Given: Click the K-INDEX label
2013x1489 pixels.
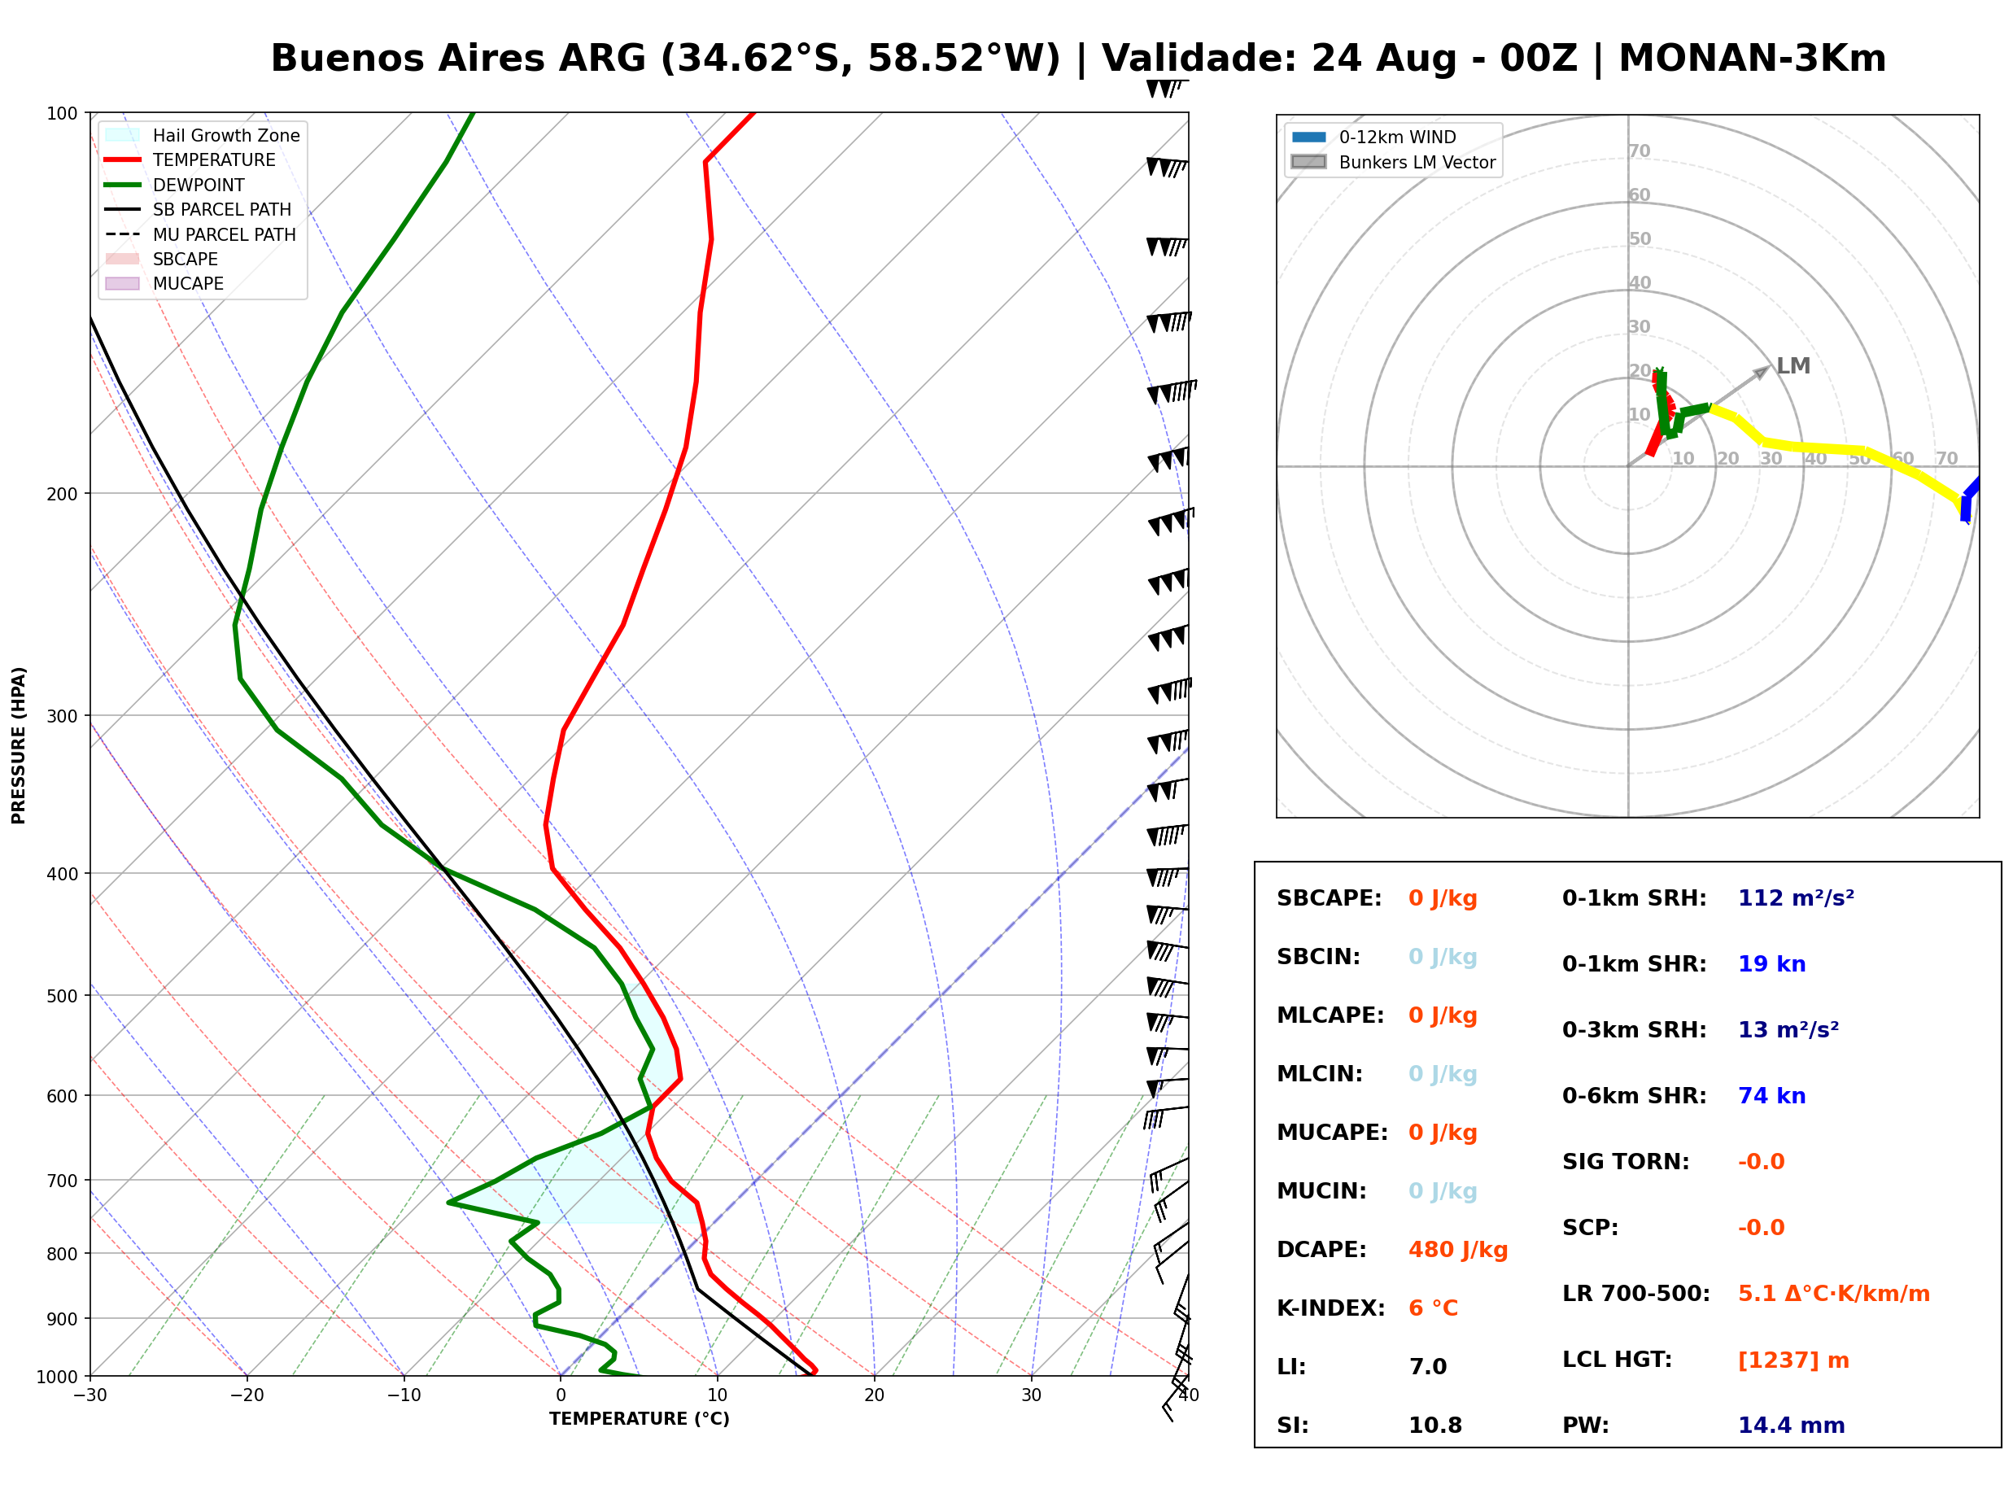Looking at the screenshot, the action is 1330,1308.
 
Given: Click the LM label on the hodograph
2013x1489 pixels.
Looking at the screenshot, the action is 1792,366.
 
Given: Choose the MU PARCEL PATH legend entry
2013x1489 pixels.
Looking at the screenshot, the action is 200,234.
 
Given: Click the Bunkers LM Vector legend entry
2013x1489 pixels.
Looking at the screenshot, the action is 1393,162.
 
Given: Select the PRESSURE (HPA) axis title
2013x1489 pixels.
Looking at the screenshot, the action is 19,744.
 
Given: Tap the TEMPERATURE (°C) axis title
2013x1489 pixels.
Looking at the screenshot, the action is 639,1419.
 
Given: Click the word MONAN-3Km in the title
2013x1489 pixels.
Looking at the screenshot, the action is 1752,59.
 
